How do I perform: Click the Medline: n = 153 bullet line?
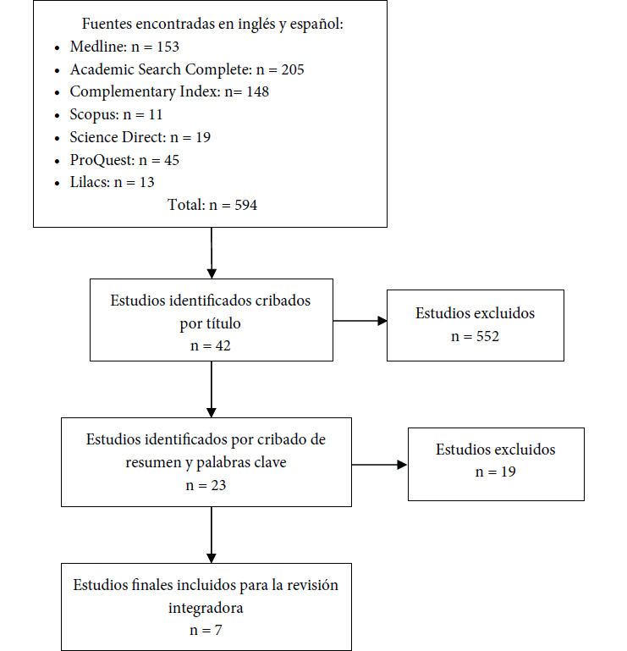[x=124, y=47]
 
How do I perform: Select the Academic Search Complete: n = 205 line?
[x=186, y=69]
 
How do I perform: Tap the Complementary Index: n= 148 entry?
[x=169, y=91]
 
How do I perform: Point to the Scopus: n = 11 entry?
[x=116, y=114]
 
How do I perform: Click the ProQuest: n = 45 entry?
[x=124, y=159]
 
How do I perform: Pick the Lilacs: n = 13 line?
[x=112, y=181]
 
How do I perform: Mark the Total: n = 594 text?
[x=211, y=204]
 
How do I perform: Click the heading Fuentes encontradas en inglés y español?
[x=212, y=25]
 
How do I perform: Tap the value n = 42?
[x=211, y=345]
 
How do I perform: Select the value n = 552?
[x=475, y=335]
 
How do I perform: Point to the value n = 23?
[x=206, y=485]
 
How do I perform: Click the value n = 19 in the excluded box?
[x=495, y=472]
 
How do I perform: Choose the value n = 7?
[x=206, y=631]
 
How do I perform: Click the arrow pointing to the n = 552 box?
[x=360, y=321]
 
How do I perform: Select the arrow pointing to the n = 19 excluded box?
[x=380, y=465]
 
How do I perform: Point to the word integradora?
[x=206, y=608]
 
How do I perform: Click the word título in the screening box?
[x=223, y=323]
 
